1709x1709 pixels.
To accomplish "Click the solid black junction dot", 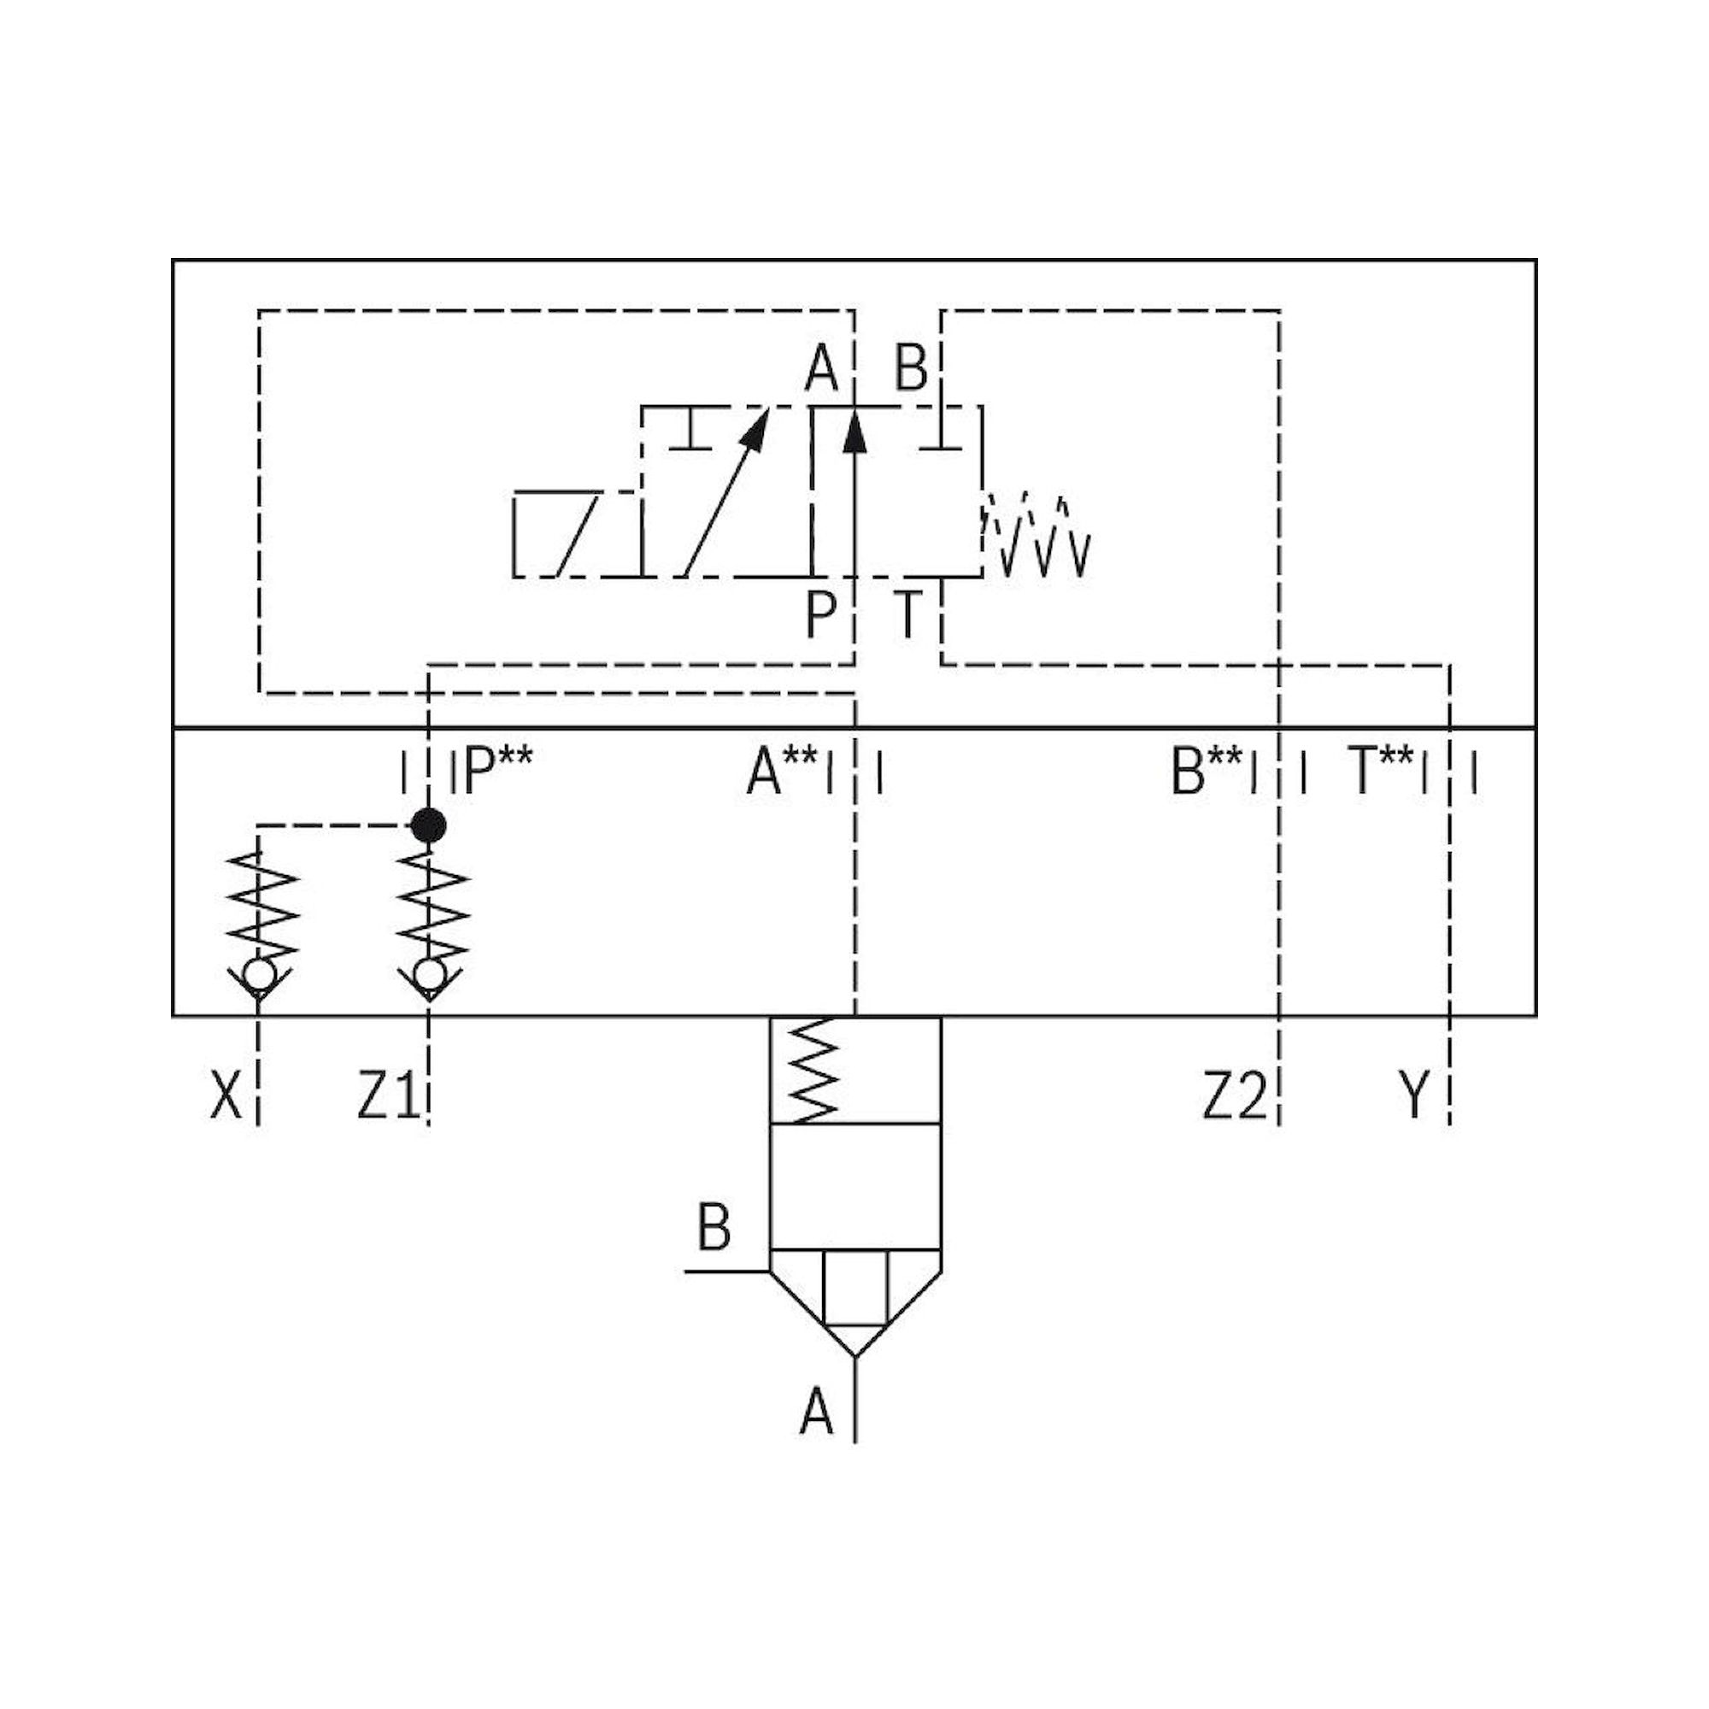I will pos(429,825).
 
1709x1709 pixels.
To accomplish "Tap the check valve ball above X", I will pos(258,975).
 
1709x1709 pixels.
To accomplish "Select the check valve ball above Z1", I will pos(429,975).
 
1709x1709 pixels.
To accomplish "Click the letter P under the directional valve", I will pos(821,614).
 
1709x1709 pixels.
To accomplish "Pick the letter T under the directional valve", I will pos(907,614).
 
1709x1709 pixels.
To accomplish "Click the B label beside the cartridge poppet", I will pos(714,1228).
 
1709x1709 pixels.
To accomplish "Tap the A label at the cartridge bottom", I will pos(815,1412).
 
